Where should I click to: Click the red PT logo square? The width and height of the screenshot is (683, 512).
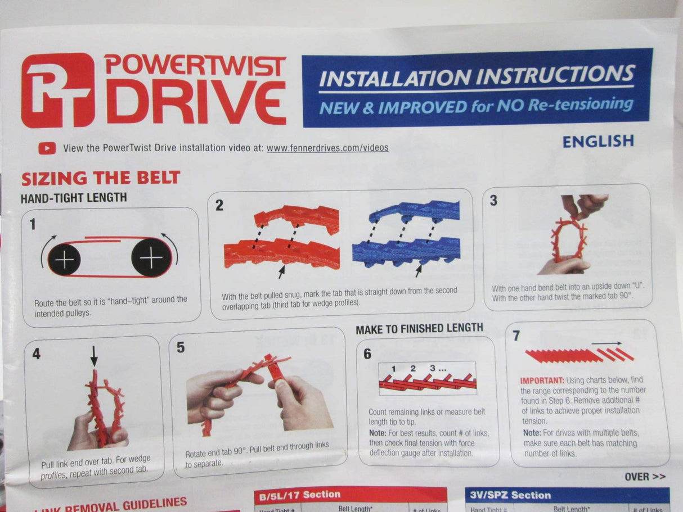point(57,90)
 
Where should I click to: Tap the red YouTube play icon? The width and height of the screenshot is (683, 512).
point(47,148)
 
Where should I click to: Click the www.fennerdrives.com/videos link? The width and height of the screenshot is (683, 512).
point(327,148)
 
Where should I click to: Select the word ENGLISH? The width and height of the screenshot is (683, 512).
point(598,141)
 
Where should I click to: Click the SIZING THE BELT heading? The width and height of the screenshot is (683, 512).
point(101,178)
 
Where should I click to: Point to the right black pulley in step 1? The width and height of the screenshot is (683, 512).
point(151,259)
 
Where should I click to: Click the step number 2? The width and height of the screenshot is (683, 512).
point(219,206)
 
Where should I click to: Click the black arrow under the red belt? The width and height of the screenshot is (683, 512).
point(282,272)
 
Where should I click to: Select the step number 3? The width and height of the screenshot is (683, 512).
point(493,201)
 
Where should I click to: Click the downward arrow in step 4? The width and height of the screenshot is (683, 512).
point(94,355)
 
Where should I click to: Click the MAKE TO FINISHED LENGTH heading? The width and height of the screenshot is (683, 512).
point(419,328)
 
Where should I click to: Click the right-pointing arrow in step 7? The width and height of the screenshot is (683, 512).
point(606,343)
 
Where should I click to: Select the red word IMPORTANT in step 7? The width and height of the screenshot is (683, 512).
point(541,380)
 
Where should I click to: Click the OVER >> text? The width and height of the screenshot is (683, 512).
point(645,477)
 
